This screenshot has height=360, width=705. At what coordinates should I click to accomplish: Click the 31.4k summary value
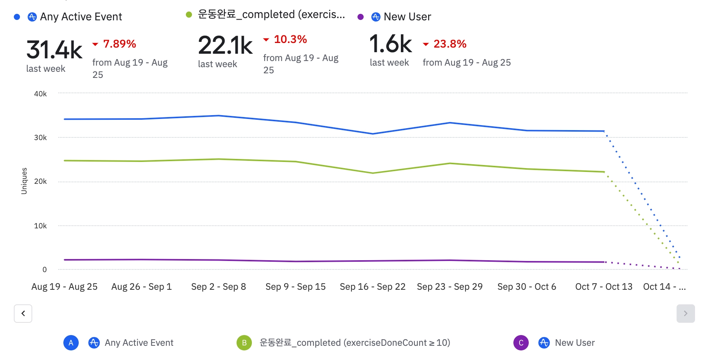coord(54,50)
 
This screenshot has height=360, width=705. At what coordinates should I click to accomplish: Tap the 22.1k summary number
coord(225,45)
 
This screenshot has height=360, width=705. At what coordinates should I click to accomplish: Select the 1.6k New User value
coord(390,44)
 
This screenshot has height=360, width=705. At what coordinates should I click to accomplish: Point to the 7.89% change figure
coord(119,44)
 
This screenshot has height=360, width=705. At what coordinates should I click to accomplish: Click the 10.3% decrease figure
coord(290,39)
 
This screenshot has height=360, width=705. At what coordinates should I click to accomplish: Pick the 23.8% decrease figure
coord(450,44)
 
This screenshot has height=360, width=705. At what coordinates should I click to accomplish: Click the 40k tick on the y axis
coord(40,94)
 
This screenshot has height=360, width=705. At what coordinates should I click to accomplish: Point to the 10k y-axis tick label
coord(40,226)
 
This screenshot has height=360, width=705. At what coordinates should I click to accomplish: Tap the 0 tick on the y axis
coord(45,269)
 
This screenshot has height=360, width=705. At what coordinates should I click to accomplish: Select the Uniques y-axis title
coord(24,181)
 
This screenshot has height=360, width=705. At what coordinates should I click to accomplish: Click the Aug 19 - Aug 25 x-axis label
coord(65,287)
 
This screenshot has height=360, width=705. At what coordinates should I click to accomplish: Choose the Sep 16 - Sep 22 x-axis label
coord(372,287)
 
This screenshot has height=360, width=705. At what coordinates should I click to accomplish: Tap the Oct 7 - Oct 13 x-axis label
coord(604,287)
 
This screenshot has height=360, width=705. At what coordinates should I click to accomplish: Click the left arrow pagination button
coord(23,314)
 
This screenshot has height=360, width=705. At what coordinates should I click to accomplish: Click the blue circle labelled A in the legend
coord(71,343)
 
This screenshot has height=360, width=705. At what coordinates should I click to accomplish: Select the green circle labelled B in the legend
coord(244,343)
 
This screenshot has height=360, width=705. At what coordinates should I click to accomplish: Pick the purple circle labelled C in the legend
coord(521,343)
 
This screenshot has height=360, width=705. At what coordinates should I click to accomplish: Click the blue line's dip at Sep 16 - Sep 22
coord(372,134)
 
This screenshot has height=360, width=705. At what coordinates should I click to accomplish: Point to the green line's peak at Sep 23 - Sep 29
coord(450,163)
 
